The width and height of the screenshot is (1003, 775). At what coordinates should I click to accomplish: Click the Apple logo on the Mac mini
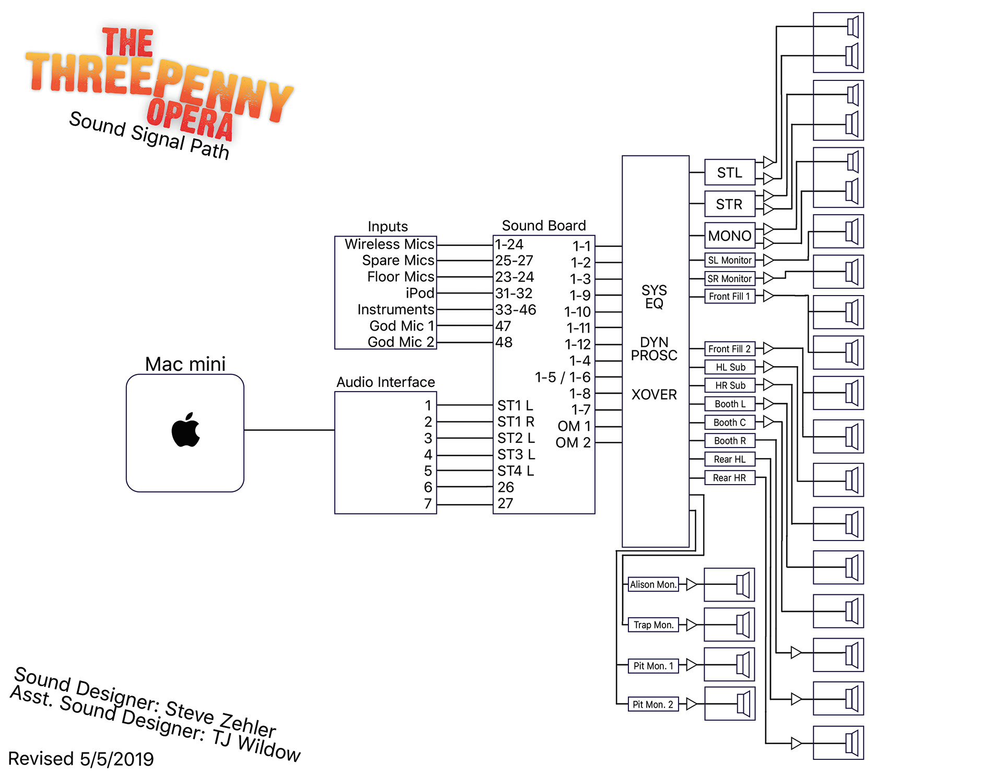coord(185,430)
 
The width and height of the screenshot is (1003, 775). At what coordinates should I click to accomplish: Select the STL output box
coord(729,172)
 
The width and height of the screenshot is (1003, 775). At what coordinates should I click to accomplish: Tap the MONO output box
coord(729,236)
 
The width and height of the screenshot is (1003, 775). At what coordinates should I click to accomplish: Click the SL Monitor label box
coord(729,260)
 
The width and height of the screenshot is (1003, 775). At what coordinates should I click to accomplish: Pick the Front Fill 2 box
coord(729,349)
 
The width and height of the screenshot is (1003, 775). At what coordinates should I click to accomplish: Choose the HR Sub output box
coord(730,385)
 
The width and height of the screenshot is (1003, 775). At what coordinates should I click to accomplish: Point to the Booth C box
coord(729,422)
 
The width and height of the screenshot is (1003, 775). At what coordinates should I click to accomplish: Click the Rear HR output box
coord(729,478)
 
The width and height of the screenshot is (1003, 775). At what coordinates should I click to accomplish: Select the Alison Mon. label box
coord(653,584)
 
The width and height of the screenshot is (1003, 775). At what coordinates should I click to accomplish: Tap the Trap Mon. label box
coord(653,625)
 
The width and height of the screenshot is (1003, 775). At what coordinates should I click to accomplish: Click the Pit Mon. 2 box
coord(653,704)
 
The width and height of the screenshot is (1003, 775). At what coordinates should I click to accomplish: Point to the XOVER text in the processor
coord(654,394)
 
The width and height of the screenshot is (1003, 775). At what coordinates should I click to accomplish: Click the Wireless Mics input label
coord(389,244)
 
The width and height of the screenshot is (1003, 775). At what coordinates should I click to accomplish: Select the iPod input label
coord(420,293)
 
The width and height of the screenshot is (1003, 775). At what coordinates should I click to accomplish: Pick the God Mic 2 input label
coord(401,342)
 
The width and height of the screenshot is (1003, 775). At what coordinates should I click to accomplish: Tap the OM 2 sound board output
coord(573,443)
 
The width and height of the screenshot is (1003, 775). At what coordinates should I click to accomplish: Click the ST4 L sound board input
coord(516,471)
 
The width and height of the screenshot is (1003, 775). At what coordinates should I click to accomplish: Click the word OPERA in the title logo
coord(190,119)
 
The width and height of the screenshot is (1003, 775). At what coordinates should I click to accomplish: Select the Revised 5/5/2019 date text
coord(81,759)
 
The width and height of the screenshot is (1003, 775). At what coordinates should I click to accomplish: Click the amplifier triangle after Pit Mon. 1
coord(691,665)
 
